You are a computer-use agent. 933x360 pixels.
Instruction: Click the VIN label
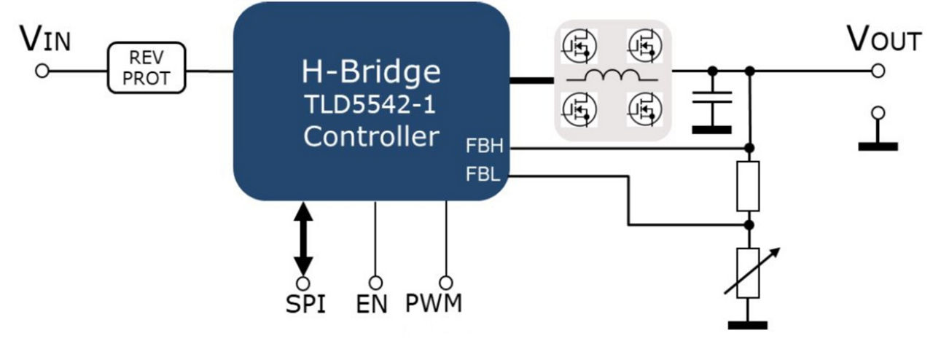(x=45, y=40)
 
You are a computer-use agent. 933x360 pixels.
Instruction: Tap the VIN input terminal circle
(x=42, y=71)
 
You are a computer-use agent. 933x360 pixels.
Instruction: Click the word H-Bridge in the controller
(x=371, y=72)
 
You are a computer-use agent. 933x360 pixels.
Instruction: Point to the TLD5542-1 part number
(x=371, y=105)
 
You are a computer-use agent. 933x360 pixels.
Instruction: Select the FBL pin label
(x=482, y=175)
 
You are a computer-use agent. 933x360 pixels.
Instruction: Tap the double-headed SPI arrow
(x=303, y=239)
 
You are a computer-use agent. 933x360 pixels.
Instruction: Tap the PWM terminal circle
(x=446, y=282)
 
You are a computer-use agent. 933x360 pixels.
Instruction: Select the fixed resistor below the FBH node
(x=749, y=186)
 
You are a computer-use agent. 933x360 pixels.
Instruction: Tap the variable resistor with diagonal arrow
(x=749, y=273)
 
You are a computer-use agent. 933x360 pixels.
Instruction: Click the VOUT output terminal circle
(x=878, y=71)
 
